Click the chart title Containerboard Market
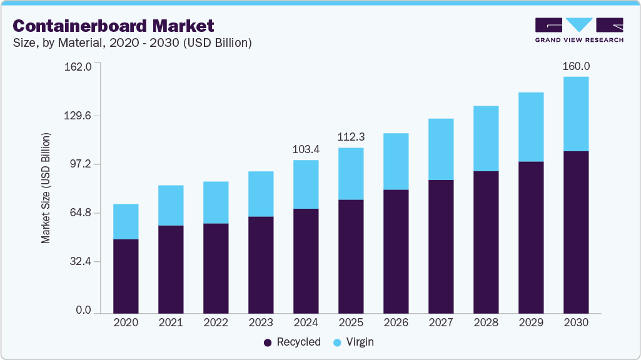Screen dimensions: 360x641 [x=114, y=26]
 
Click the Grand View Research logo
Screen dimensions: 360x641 [x=578, y=29]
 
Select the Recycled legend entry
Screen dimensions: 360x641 [x=292, y=342]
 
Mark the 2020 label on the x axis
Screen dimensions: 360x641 [x=126, y=322]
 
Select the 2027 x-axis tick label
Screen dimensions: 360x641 [x=441, y=322]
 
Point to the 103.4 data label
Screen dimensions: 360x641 [x=306, y=149]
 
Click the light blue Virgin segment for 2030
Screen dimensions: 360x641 [x=576, y=114]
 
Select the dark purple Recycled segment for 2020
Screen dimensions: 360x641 [x=126, y=276]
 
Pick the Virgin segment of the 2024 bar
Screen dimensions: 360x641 [x=306, y=184]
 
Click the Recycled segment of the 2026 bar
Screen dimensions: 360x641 [x=396, y=251]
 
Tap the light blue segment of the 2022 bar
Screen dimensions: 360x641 [x=216, y=202]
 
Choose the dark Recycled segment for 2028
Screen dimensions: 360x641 [x=486, y=241]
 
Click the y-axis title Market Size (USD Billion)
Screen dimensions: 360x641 [x=46, y=188]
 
